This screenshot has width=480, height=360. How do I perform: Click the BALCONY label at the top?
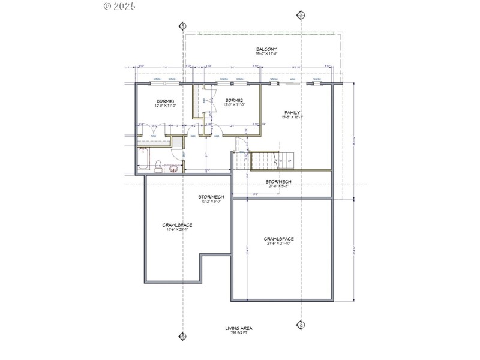266,49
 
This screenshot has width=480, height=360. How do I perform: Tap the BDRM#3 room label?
165,100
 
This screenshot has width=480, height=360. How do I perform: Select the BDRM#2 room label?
233,100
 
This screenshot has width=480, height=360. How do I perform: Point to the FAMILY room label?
292,112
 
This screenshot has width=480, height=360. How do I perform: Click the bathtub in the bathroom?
141,160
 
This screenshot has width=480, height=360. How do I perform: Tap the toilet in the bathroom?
157,166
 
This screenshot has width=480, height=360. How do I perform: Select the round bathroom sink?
174,168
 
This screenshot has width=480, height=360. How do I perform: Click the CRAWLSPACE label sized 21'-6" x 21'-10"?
279,239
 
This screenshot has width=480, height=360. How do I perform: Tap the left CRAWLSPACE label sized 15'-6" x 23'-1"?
178,225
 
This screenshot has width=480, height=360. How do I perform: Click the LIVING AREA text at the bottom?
238,328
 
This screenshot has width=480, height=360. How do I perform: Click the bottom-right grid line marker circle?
302,324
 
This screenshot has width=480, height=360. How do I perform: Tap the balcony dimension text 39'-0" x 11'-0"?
266,55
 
